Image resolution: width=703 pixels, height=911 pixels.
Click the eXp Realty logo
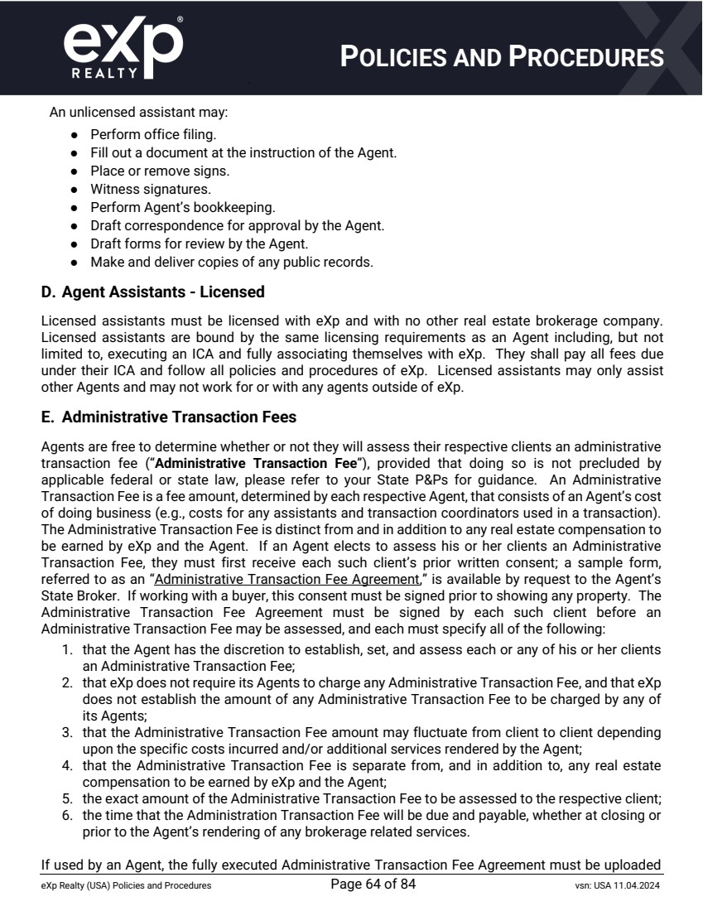click(122, 47)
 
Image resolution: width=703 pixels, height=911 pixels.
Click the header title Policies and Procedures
click(503, 56)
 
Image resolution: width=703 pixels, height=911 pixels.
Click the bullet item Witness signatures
click(139, 189)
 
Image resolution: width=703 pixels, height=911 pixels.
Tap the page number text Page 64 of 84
click(373, 884)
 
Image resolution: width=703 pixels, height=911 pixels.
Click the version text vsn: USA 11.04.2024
click(611, 886)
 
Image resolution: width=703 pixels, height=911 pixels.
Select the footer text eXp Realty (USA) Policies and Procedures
click(126, 886)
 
